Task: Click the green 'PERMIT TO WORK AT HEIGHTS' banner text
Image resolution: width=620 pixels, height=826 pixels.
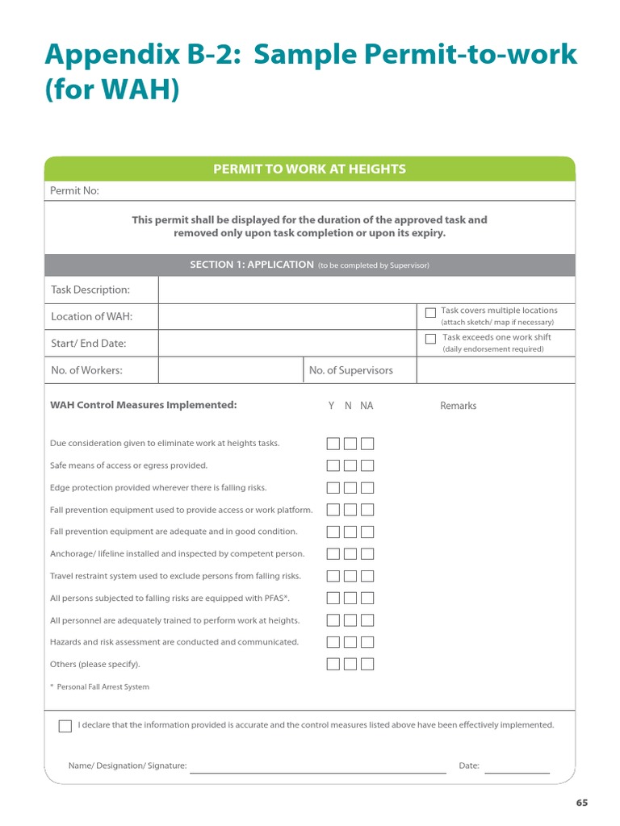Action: pyautogui.click(x=309, y=169)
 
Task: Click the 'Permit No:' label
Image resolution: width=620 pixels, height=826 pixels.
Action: pyautogui.click(x=75, y=191)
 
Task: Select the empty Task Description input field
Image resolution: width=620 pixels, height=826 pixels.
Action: pyautogui.click(x=367, y=290)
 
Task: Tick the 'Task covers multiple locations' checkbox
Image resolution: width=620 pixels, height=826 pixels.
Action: pyautogui.click(x=430, y=312)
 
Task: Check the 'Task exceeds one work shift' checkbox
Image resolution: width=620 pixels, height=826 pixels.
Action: pyautogui.click(x=430, y=339)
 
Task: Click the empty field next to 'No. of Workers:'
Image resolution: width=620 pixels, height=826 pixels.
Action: pyautogui.click(x=230, y=370)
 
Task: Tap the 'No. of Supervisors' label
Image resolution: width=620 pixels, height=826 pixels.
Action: pyautogui.click(x=350, y=370)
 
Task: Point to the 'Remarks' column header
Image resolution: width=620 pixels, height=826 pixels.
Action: pyautogui.click(x=458, y=406)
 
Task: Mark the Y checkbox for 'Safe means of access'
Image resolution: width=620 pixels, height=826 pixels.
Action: pyautogui.click(x=333, y=465)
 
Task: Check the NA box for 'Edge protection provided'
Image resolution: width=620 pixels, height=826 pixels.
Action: pyautogui.click(x=367, y=488)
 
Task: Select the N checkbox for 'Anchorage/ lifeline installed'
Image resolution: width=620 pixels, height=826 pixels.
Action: pyautogui.click(x=350, y=554)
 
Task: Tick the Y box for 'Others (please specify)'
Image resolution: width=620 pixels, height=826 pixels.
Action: pyautogui.click(x=333, y=665)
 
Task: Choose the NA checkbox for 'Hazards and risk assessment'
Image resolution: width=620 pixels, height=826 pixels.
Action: pyautogui.click(x=367, y=642)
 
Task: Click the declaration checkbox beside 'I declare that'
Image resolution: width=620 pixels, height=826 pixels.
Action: pyautogui.click(x=65, y=726)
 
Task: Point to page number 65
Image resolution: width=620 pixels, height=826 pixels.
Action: pyautogui.click(x=582, y=803)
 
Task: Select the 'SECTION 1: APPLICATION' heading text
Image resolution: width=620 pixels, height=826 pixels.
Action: pyautogui.click(x=251, y=265)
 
